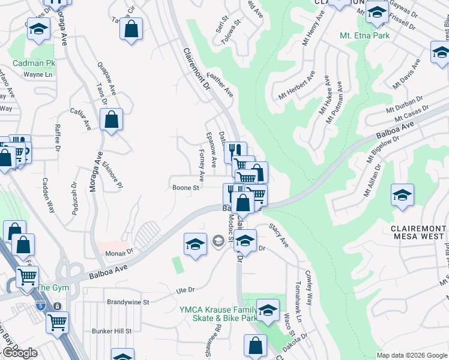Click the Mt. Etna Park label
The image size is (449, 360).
(365, 35)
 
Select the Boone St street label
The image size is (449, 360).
(186, 188)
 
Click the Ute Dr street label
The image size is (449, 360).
(185, 290)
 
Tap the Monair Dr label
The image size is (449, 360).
(121, 253)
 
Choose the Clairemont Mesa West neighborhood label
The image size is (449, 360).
(418, 232)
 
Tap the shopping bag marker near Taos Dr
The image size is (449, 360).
(112, 120)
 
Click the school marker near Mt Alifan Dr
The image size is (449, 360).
(402, 195)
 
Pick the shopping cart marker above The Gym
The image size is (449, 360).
(28, 277)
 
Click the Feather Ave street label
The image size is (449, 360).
(220, 85)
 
